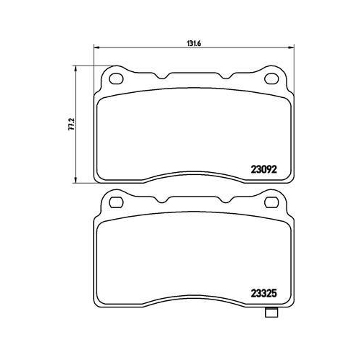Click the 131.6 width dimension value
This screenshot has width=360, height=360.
click(194, 43)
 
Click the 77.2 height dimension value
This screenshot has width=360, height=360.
click(71, 124)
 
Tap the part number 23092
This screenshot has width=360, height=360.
click(264, 170)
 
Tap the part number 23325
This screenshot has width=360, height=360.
click(264, 293)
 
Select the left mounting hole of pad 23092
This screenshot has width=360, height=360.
click(116, 78)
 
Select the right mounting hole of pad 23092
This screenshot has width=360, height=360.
click(271, 78)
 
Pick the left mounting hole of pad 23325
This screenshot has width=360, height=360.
click(116, 202)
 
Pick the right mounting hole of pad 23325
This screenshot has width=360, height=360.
click(271, 202)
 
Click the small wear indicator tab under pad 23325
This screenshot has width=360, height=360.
click(271, 312)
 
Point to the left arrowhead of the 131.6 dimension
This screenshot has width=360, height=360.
click(96, 48)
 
